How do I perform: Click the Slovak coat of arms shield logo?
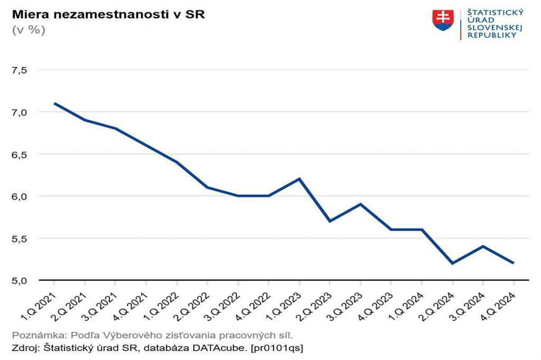point(443,20)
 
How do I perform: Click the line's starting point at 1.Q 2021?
point(54,103)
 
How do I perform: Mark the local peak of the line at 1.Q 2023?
point(300,179)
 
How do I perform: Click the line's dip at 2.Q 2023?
point(330,221)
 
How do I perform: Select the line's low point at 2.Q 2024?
point(452,263)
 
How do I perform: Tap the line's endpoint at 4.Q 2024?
point(514,263)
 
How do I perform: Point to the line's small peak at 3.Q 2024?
point(483,246)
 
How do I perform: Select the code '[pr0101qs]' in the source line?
point(278,348)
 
